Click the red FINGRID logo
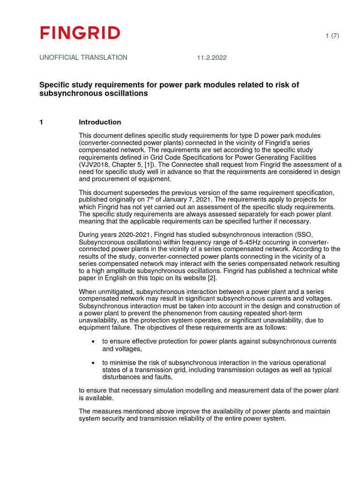click(80, 33)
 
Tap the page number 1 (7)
click(332, 37)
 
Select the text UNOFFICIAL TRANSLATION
click(83, 58)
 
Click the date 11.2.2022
click(211, 58)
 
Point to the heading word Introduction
click(100, 122)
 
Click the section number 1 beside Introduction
click(41, 122)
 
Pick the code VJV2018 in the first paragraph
click(98, 165)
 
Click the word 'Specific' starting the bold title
click(54, 85)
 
